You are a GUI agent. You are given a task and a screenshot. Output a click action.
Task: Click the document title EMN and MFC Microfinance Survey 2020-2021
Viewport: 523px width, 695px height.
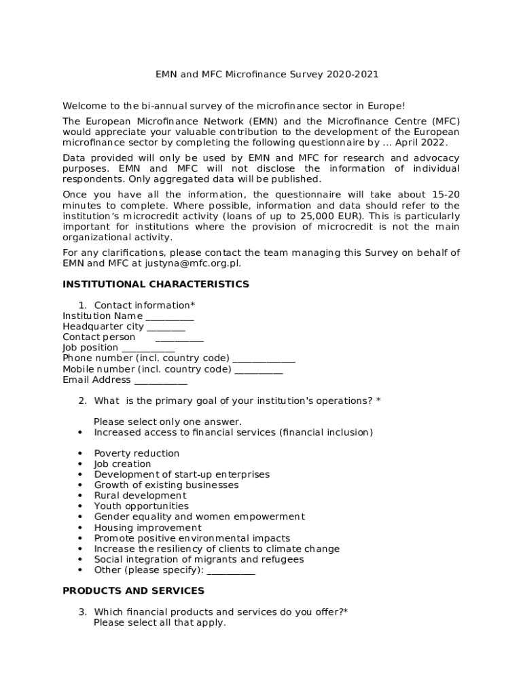[x=267, y=74]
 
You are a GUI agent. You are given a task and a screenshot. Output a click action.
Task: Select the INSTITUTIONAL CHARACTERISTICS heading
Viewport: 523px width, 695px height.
[x=156, y=284]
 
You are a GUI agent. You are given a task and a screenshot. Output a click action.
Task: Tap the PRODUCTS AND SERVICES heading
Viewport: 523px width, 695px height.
[x=133, y=591]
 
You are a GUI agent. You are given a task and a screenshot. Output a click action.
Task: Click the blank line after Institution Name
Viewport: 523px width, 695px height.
[x=169, y=317]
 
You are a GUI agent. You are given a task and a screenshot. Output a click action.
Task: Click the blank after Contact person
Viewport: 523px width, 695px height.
[x=179, y=338]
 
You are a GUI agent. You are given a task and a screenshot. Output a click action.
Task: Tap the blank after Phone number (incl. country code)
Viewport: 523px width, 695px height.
[x=264, y=359]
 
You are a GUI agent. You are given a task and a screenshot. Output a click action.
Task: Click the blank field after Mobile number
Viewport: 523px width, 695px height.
[x=258, y=370]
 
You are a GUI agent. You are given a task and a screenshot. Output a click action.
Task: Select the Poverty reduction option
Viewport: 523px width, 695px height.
[x=137, y=453]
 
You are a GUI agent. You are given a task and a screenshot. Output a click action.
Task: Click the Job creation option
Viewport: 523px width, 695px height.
[x=122, y=464]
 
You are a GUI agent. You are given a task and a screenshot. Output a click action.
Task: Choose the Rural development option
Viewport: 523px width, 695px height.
[x=140, y=495]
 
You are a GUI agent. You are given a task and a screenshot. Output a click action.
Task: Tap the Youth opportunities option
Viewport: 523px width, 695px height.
[x=141, y=506]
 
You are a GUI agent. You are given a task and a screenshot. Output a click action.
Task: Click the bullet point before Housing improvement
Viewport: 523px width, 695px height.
[x=80, y=528]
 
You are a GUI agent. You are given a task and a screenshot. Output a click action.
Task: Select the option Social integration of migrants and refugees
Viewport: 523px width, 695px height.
[x=199, y=560]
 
